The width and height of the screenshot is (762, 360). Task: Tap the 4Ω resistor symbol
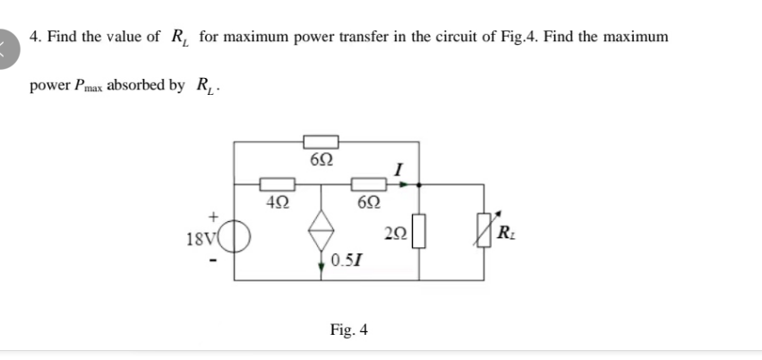coord(272,185)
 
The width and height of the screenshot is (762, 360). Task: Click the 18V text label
coord(201,240)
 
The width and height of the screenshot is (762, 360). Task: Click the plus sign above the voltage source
coord(214,216)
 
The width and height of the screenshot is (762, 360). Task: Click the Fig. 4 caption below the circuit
coord(349,330)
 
